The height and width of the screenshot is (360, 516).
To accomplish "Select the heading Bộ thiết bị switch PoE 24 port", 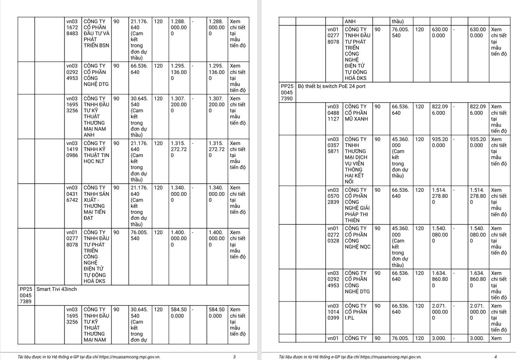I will pos(332,86).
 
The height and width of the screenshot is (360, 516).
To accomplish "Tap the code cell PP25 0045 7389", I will pos(26,295).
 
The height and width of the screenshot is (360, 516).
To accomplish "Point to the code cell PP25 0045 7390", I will pos(287,92).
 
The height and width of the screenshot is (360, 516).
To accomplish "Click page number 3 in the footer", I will pos(234,357).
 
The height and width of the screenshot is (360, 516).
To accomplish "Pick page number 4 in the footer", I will pos(495,357).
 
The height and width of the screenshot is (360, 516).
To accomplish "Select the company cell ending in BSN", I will pos(96,33).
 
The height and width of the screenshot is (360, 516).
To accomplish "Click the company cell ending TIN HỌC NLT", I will pos(96,152).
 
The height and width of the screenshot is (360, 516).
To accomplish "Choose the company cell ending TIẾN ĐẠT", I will pos(96,203).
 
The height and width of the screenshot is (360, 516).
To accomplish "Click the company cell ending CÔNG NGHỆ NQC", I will pos(357,237).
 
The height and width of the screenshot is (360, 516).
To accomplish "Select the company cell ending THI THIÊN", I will pos(357,205).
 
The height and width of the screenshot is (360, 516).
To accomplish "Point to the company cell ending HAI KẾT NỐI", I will pos(357,160).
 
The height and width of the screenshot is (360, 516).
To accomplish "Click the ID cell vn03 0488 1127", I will pos(333,113).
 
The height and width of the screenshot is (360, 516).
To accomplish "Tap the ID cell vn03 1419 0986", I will pos(72,149).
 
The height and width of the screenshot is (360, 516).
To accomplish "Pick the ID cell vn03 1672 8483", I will pos(72,27).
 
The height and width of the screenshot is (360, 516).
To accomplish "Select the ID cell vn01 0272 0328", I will pos(333,234).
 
